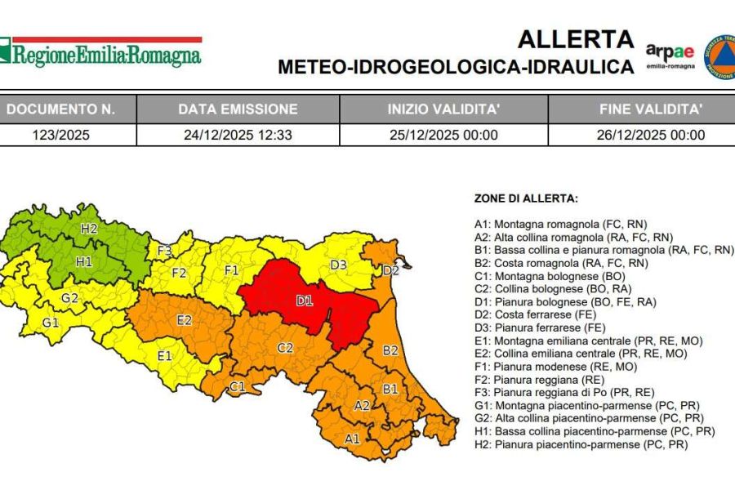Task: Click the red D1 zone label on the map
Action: pos(304,301)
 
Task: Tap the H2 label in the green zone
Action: pos(88,229)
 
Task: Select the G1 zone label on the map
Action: pos(51,323)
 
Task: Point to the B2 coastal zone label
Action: pos(390,350)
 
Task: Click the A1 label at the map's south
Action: pos(352,439)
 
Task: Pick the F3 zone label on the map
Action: pos(164,251)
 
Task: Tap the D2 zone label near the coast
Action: pos(390,269)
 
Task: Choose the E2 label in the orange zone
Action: pos(184,319)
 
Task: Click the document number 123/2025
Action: pos(67,135)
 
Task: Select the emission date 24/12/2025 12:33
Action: pos(238,135)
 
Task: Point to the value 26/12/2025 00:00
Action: pos(650,135)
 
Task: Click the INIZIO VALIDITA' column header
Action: pos(443,109)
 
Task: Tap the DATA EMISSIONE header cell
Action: pos(238,109)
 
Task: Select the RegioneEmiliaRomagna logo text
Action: pos(106,56)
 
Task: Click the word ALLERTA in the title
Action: pos(576,39)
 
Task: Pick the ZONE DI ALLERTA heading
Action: pos(526,198)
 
